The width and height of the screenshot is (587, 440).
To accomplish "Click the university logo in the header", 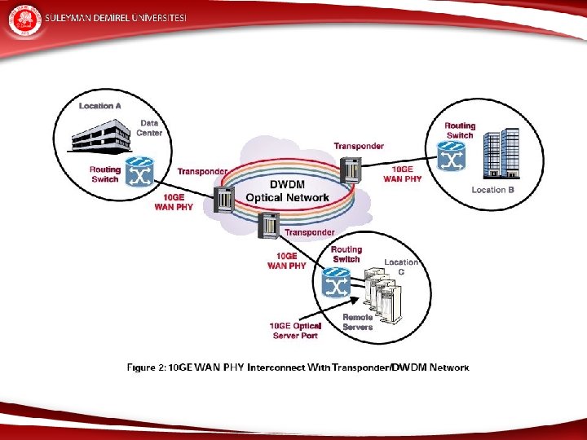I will (x=23, y=20).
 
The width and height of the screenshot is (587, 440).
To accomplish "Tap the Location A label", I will (x=100, y=106).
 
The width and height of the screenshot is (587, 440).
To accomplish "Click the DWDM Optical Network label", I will (x=287, y=191).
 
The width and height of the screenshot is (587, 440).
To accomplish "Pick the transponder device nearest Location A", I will (x=223, y=197).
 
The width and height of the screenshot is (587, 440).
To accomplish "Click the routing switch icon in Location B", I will (x=450, y=156).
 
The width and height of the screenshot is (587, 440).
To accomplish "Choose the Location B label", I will (x=493, y=190).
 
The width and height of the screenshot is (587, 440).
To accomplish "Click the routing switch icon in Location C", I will (x=336, y=282).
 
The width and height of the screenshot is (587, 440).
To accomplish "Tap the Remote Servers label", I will (x=358, y=322).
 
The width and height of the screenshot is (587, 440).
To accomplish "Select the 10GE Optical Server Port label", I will (x=295, y=331).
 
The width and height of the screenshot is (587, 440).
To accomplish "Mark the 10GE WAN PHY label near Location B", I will (x=402, y=174).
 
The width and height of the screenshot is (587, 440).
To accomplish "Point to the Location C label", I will (x=400, y=266).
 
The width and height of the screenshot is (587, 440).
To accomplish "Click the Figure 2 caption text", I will (x=298, y=367).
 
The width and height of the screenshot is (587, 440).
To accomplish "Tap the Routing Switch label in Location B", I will (x=460, y=130).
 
